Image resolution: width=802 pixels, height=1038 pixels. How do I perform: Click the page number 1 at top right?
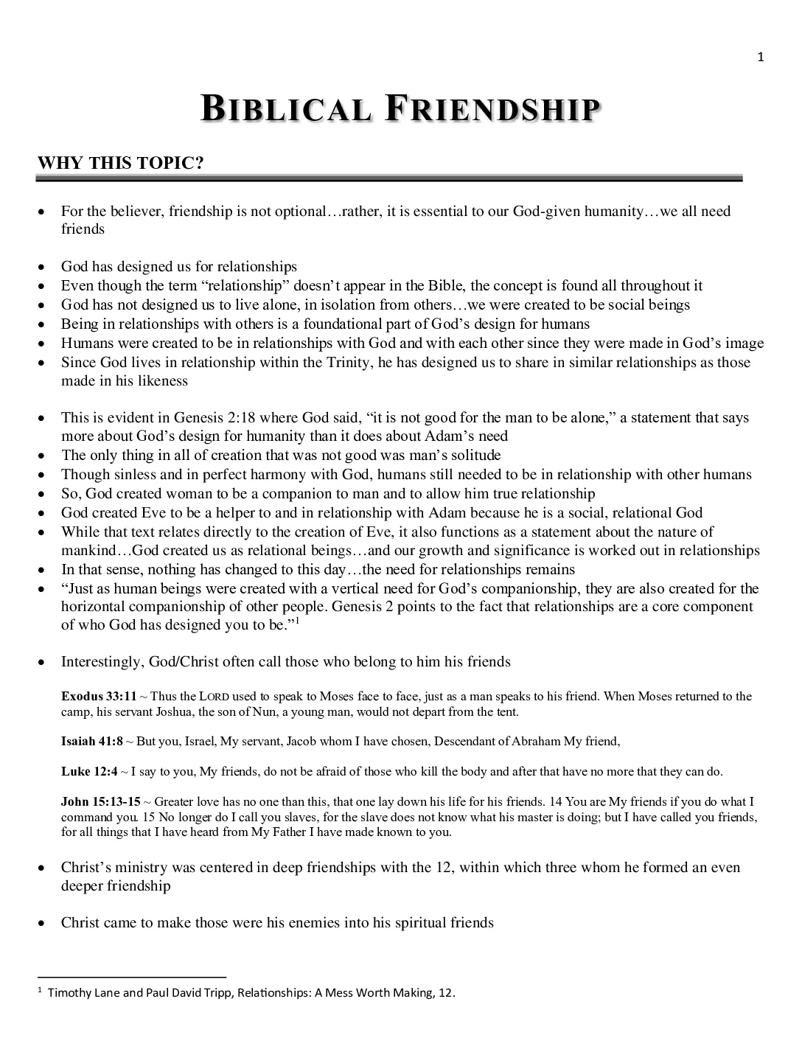tap(761, 58)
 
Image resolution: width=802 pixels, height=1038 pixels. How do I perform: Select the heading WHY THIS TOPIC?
tap(120, 163)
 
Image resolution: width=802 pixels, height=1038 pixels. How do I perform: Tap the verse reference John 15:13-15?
tap(100, 801)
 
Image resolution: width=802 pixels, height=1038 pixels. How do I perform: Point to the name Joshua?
tap(175, 711)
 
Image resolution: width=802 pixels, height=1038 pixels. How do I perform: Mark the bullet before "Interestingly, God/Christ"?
tap(44, 662)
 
